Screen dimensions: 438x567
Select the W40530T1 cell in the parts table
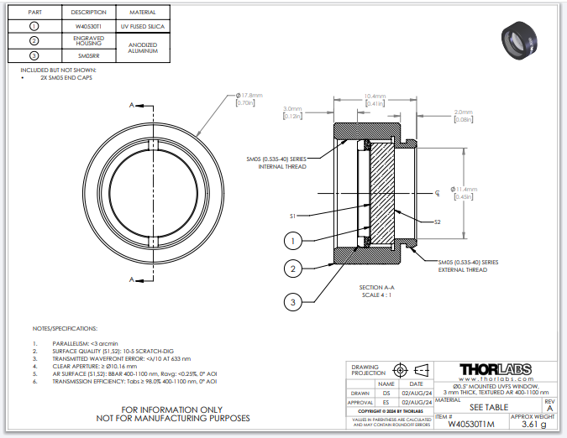tap(89, 27)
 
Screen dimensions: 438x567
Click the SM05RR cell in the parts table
tap(89, 55)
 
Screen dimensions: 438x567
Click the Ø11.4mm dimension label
tap(464, 192)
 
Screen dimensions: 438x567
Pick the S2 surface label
tap(438, 222)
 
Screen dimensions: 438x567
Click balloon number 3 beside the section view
tap(292, 301)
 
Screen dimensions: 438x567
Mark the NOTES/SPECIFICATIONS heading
tap(65, 328)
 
